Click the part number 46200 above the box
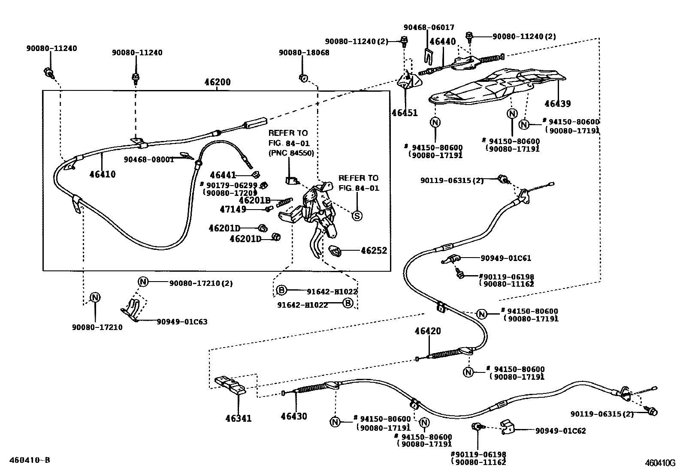(x=218, y=82)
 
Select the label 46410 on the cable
(x=103, y=174)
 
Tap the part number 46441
(x=223, y=175)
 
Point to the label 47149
(x=233, y=209)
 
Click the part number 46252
(x=374, y=250)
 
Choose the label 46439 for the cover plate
(x=558, y=104)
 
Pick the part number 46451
(x=405, y=113)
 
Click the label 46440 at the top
(x=443, y=41)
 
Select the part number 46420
(x=428, y=331)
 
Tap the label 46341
(x=239, y=418)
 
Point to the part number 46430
(x=293, y=416)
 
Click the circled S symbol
(x=357, y=216)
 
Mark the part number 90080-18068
(x=304, y=53)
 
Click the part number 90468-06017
(x=429, y=27)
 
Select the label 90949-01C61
(x=506, y=258)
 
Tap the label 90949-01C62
(x=561, y=431)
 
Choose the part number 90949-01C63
(x=182, y=322)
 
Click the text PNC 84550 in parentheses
(x=291, y=153)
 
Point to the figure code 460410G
(x=660, y=463)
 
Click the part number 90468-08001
(x=149, y=159)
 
